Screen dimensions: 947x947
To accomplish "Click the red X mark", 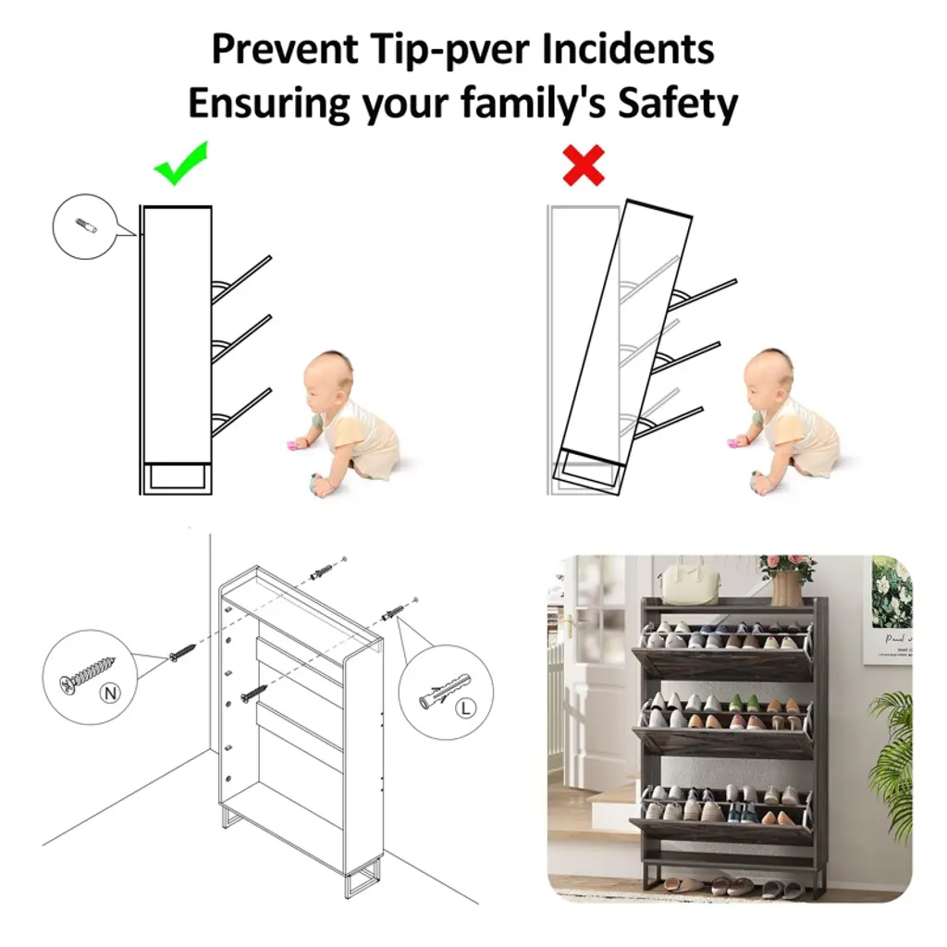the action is (x=583, y=165).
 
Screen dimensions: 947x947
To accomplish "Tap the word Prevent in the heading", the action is (x=285, y=49).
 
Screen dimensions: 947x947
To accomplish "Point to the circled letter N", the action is (x=110, y=694).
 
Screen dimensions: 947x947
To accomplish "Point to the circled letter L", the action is (x=465, y=707).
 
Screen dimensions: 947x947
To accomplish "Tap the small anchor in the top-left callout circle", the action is (x=86, y=227).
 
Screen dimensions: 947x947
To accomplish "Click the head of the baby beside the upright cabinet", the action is (x=326, y=378).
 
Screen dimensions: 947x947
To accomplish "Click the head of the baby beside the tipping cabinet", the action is (x=767, y=377).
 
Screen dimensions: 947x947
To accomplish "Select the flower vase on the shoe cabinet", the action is (x=786, y=588).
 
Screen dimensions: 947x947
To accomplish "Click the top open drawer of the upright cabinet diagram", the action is (x=241, y=279).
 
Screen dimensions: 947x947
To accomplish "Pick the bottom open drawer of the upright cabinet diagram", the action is (x=241, y=412).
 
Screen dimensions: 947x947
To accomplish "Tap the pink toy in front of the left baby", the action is (x=294, y=447).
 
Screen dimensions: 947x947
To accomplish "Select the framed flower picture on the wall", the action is (x=892, y=611).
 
